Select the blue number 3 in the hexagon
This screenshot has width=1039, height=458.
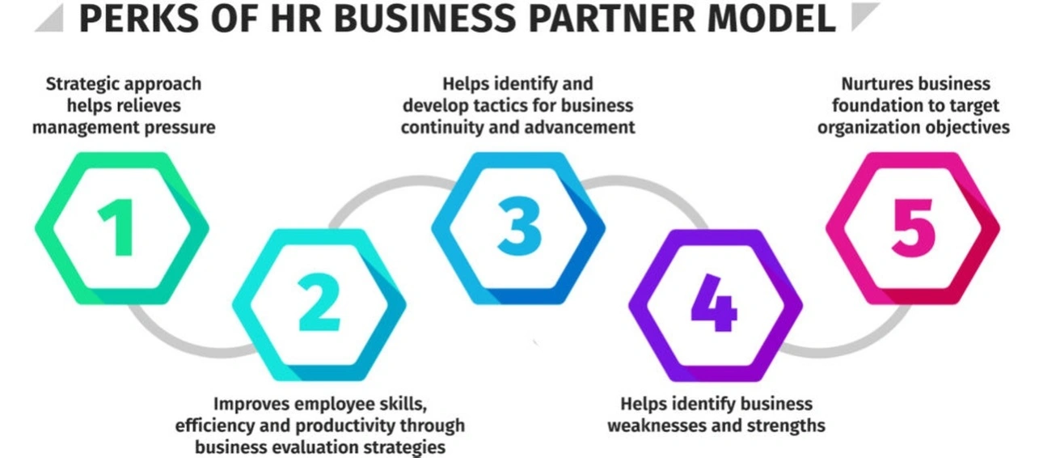coord(517,227)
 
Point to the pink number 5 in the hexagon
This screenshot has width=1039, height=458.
coord(913,227)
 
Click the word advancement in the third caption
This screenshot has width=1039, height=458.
coord(585,127)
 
